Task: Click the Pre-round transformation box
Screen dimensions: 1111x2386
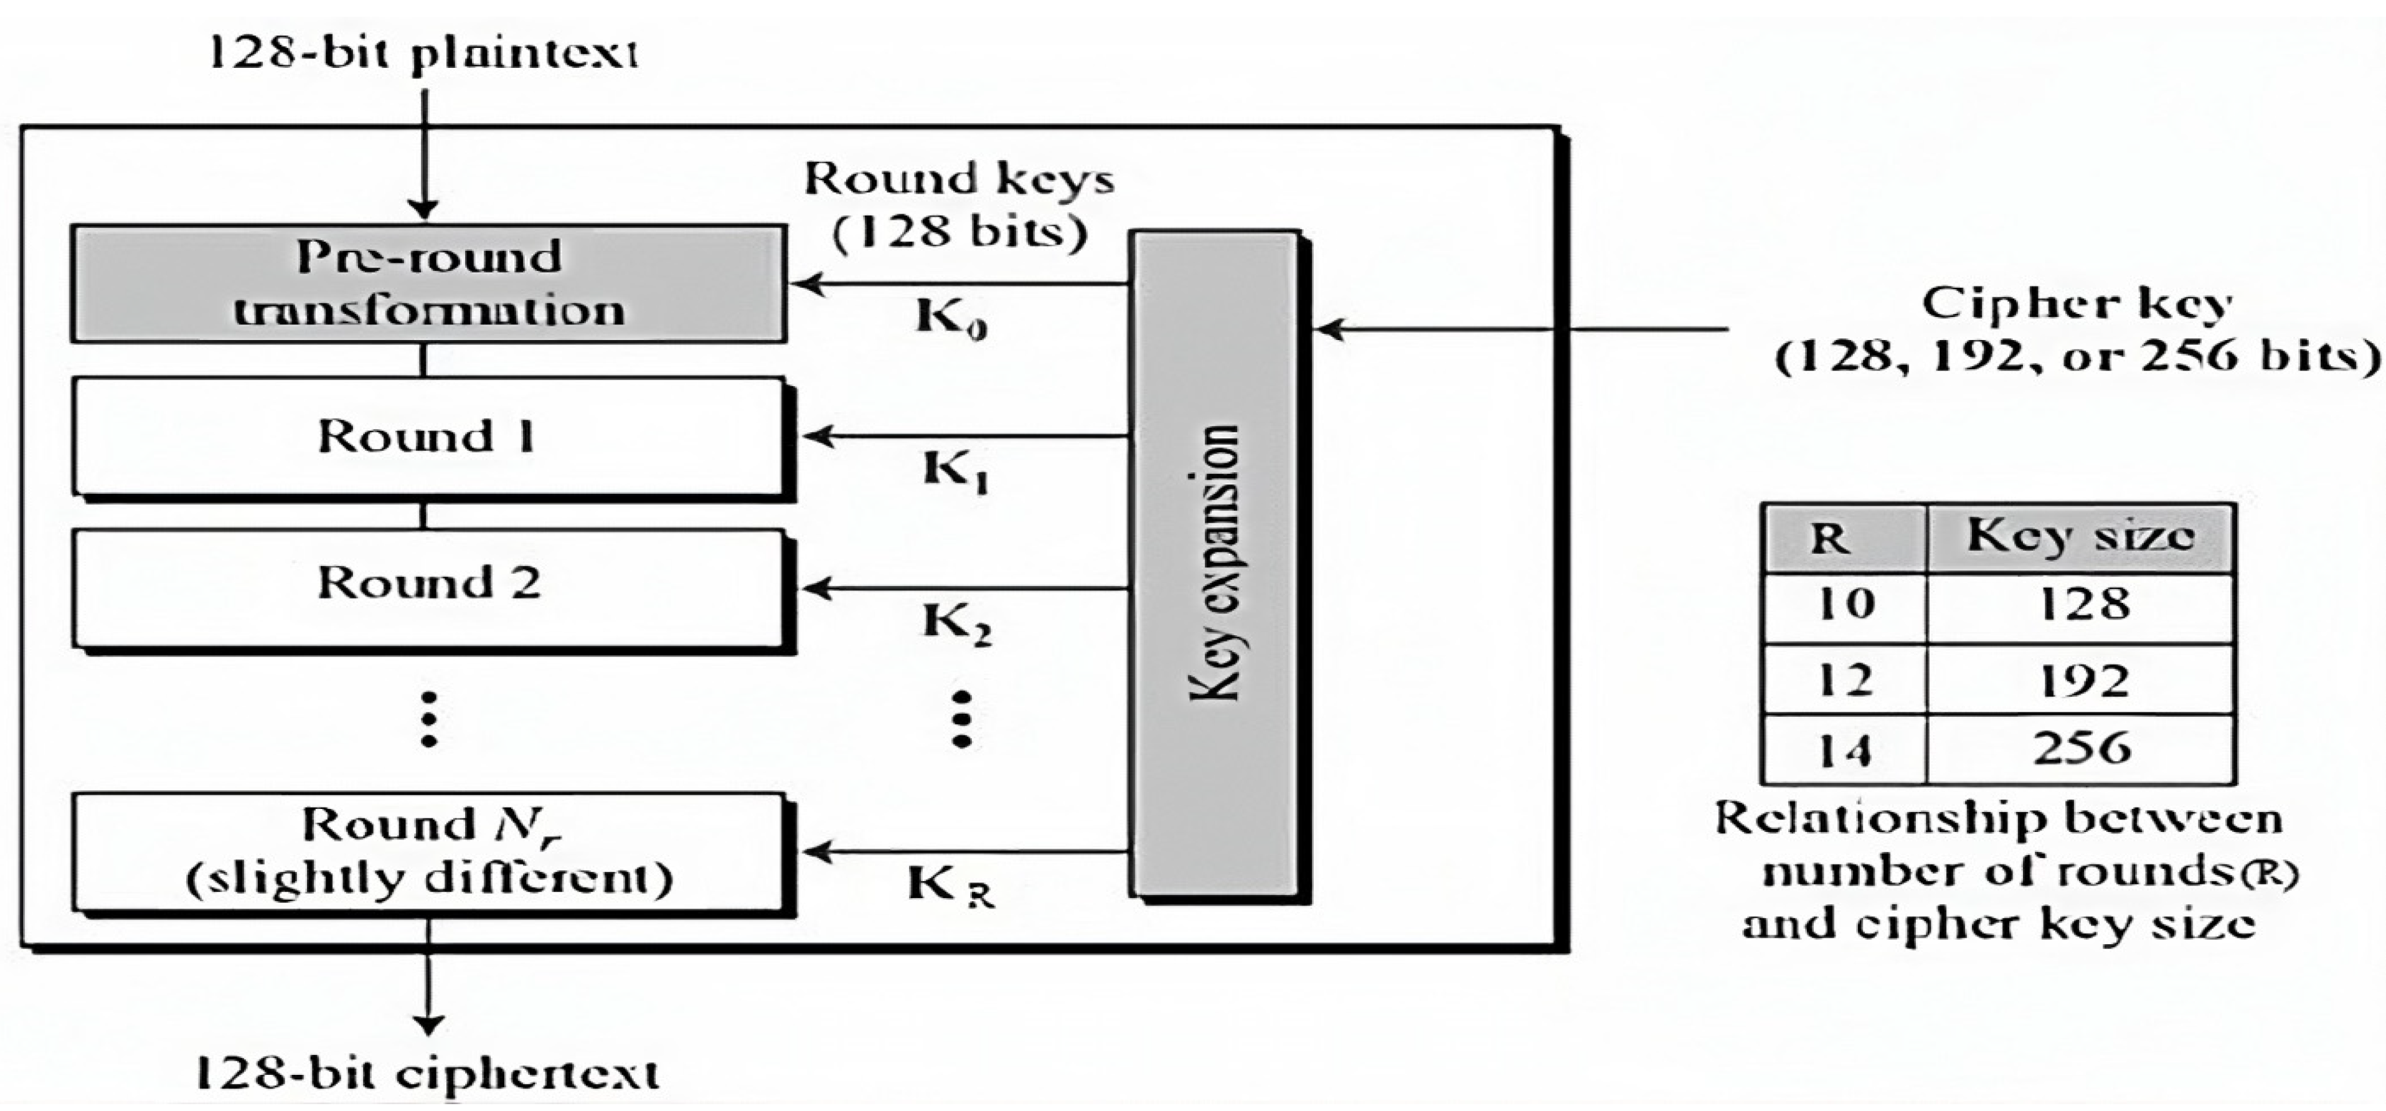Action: coord(428,283)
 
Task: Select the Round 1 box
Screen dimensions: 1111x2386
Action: coord(428,435)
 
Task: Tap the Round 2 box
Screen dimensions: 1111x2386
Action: coord(428,587)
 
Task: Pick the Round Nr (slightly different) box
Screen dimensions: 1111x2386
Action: coord(428,851)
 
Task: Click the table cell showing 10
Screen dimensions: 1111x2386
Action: coord(1844,606)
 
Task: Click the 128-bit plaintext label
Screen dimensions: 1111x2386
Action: coord(423,53)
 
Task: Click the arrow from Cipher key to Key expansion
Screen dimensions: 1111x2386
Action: coord(1519,329)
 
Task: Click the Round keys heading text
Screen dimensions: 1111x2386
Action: coord(959,178)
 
